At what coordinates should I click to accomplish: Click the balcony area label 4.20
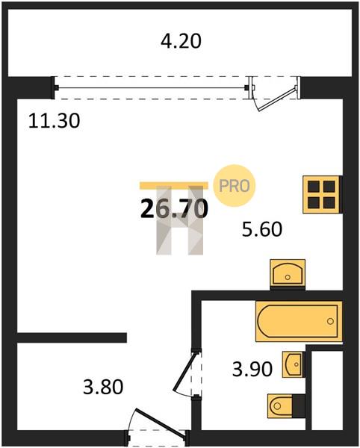181,41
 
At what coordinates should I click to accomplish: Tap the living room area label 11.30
54,121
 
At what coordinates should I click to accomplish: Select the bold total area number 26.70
174,208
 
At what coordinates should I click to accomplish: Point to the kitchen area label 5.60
262,229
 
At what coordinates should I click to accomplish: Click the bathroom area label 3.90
252,369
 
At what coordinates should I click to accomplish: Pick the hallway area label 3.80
103,387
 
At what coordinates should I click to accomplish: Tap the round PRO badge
235,186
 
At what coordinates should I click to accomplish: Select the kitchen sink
288,273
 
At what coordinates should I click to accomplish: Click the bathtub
299,321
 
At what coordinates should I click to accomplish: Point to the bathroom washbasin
293,364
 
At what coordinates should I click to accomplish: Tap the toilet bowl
280,405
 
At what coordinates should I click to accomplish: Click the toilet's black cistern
299,405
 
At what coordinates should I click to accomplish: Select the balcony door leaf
276,99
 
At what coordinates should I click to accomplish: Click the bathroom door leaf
184,372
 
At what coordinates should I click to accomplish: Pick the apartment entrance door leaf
161,423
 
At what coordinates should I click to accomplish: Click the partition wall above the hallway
72,337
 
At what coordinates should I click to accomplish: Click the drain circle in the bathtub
330,321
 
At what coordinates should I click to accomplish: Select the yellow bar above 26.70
174,186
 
